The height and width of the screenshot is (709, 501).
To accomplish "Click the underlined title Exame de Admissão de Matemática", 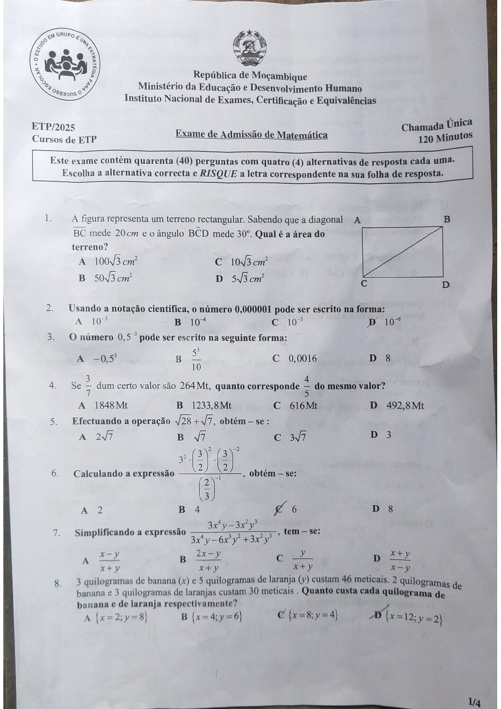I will point(251,135).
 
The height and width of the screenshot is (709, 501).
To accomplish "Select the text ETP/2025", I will point(54,127).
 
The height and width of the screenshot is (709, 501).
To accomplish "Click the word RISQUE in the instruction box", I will point(218,173).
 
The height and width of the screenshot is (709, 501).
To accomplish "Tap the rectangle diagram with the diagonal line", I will point(403,252).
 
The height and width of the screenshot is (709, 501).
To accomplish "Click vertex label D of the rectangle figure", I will point(445,285).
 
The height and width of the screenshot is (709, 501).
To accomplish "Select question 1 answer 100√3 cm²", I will point(116,261).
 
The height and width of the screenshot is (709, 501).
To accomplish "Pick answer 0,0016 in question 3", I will point(303,359).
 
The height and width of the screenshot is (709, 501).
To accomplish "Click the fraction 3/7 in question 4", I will point(88,385).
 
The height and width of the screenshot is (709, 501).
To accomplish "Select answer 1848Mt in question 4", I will point(111,405).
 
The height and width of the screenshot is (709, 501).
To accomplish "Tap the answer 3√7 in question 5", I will point(298,437).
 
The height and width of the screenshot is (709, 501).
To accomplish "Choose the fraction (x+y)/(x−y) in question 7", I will point(400,560).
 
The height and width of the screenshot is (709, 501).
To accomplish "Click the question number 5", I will point(54,422).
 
